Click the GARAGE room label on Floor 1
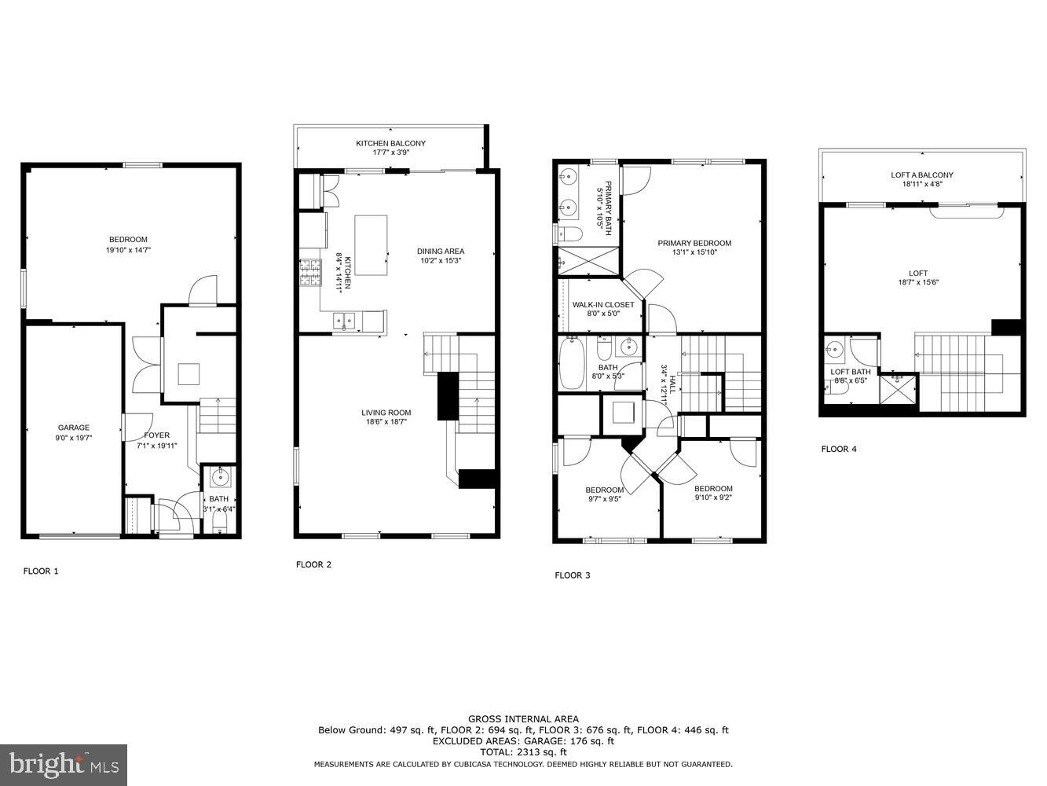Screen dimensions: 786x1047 pos(74,428)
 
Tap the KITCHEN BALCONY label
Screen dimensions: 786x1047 pos(390,143)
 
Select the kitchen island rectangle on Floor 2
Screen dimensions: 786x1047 pos(371,244)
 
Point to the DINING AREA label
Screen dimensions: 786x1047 pos(440,252)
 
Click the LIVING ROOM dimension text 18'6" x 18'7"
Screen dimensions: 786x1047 pos(386,421)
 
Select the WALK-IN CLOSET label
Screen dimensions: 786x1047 pos(602,305)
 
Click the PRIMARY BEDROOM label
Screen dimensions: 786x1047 pos(694,244)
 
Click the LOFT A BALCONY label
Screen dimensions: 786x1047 pos(922,175)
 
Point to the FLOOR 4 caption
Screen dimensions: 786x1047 pos(838,449)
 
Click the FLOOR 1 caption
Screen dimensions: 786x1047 pos(41,571)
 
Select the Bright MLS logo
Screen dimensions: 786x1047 pos(64,765)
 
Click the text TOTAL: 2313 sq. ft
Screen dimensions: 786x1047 pos(523,752)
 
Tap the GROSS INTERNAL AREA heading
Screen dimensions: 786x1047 pos(523,718)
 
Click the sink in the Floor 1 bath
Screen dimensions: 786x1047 pos(219,476)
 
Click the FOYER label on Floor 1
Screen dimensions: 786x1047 pos(156,435)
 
